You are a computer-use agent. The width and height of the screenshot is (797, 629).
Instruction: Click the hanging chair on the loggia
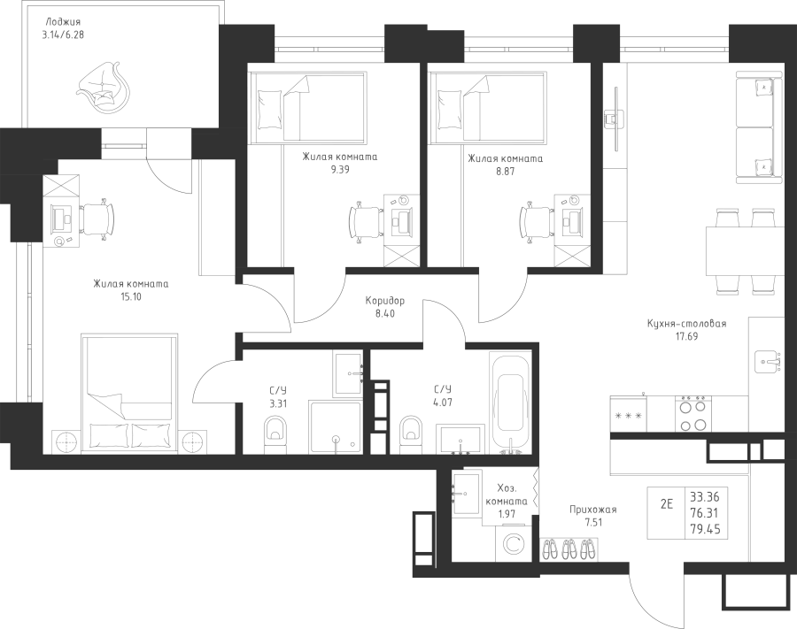[104, 85]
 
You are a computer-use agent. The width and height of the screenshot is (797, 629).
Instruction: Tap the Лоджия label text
[63, 22]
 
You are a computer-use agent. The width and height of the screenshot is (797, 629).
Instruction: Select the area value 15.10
[131, 297]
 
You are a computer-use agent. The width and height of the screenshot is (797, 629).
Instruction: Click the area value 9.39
[339, 170]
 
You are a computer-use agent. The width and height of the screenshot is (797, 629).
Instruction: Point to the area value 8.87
[506, 171]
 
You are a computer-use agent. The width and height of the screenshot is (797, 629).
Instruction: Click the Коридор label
[385, 301]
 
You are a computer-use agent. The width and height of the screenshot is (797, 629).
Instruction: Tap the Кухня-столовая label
[686, 324]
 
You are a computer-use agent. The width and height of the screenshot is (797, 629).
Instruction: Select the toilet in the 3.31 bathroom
[275, 434]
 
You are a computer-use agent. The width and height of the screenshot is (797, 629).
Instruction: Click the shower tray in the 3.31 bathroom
[335, 427]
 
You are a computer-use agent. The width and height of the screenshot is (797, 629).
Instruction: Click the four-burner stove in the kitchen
[693, 413]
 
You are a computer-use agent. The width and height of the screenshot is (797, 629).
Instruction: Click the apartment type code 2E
[666, 504]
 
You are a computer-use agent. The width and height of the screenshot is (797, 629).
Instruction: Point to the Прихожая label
[592, 510]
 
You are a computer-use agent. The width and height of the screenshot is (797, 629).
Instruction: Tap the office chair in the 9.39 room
[366, 221]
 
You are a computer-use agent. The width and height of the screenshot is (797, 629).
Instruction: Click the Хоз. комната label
[507, 495]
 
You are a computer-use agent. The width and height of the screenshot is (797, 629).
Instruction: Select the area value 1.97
[507, 513]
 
